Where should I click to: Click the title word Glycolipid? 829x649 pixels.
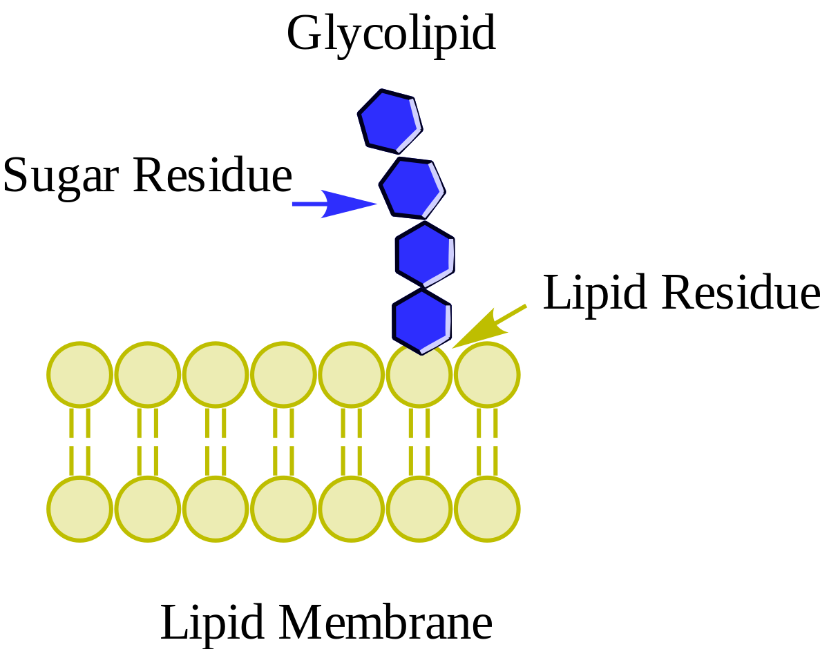click(391, 33)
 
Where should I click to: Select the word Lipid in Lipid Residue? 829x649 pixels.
click(595, 293)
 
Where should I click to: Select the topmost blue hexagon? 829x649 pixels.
click(390, 121)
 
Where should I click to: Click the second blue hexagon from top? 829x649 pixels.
click(412, 187)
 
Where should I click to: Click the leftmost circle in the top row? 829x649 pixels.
click(79, 374)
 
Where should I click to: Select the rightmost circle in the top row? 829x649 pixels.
click(487, 374)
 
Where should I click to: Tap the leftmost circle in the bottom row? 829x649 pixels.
click(79, 508)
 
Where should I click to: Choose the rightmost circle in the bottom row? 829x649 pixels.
click(487, 508)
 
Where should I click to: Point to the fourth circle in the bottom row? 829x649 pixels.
click(283, 508)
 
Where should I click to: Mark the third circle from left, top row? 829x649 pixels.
click(216, 374)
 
